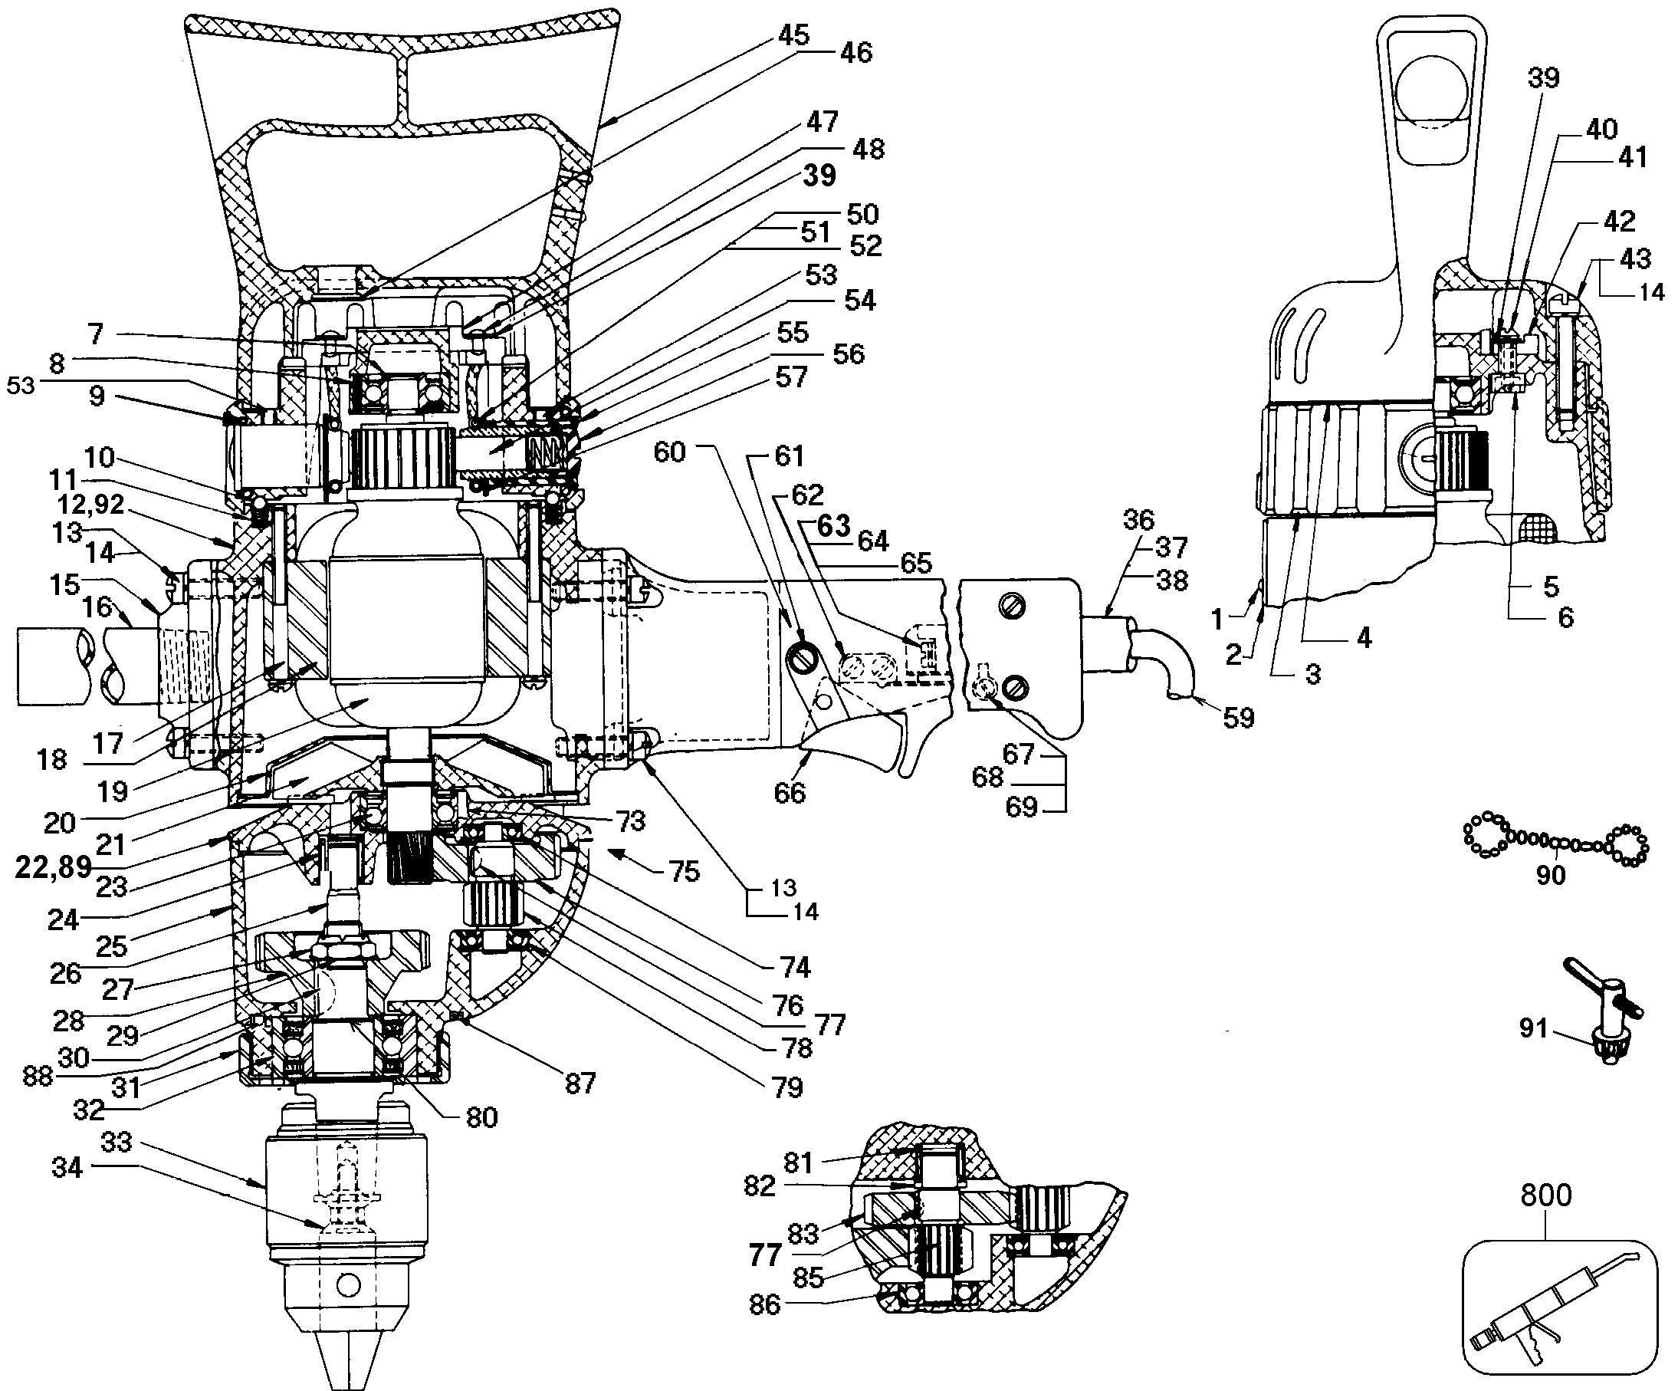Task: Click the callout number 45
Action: tap(793, 35)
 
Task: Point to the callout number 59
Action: tap(1239, 717)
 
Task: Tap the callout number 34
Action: tap(67, 1168)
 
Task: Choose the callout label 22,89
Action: tap(53, 867)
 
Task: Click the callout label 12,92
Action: tap(90, 505)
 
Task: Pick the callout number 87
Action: tap(580, 1084)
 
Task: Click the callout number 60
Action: tap(670, 452)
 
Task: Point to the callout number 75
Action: tap(684, 870)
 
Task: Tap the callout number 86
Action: tap(764, 1304)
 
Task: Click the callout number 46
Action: tap(855, 53)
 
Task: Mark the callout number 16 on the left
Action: tap(97, 607)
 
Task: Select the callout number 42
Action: tap(1619, 221)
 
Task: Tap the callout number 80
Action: tap(481, 1116)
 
